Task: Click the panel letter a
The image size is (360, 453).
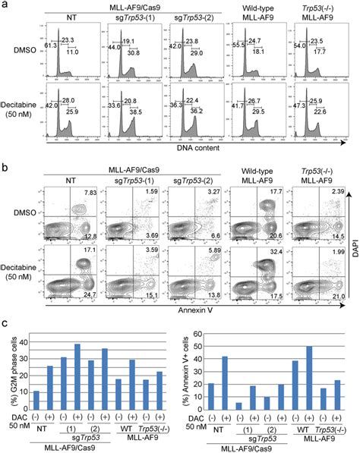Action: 5,6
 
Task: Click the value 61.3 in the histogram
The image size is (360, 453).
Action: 50,46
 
